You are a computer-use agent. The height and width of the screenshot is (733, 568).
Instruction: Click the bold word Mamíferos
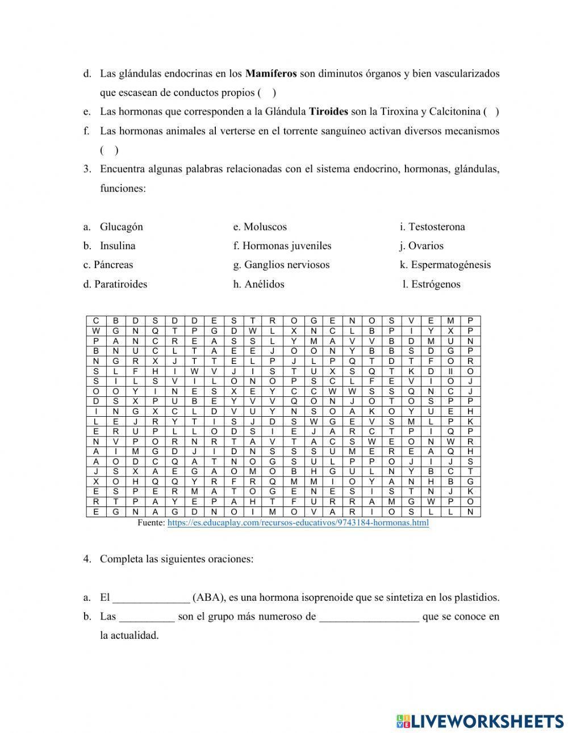click(x=271, y=73)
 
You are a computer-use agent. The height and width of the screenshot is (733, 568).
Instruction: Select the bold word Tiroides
click(x=328, y=112)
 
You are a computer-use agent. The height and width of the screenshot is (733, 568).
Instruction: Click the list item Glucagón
click(x=121, y=227)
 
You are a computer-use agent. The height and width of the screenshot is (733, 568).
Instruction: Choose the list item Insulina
click(x=118, y=246)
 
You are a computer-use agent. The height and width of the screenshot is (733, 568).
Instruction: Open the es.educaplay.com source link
click(x=298, y=522)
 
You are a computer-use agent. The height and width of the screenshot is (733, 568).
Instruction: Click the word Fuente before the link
click(x=151, y=522)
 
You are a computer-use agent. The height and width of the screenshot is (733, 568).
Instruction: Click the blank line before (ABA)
click(x=151, y=598)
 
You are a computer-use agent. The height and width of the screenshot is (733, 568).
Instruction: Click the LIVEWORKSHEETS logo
click(x=480, y=721)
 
